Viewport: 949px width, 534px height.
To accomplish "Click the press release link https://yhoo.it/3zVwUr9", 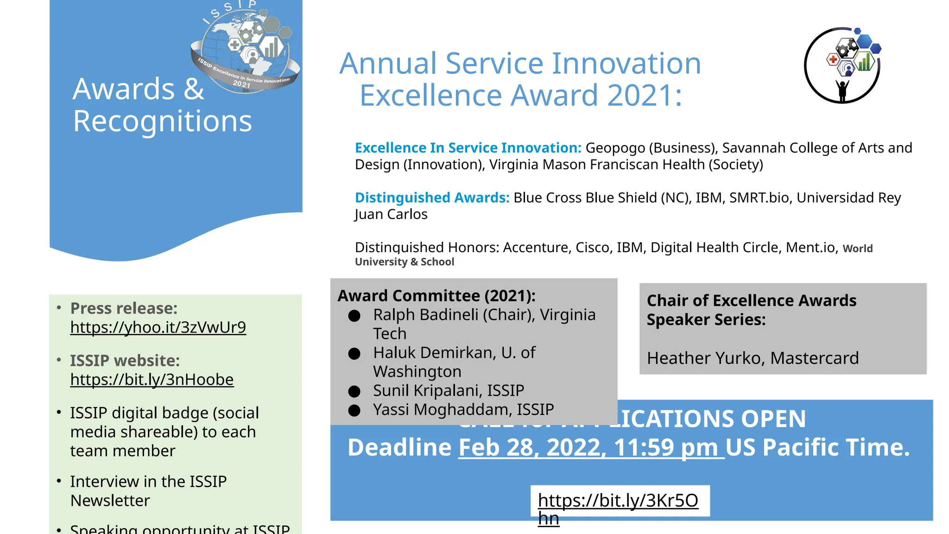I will click(158, 327).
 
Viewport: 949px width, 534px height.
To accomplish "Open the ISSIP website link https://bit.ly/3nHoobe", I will click(152, 380).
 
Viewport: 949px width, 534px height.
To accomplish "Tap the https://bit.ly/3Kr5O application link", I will click(618, 501).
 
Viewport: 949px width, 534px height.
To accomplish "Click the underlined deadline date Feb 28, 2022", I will click(531, 448).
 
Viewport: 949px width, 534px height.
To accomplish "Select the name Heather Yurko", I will click(705, 358).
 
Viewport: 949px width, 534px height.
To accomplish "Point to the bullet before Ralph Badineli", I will click(354, 316).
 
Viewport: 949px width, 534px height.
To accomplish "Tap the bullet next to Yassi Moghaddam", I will click(354, 411).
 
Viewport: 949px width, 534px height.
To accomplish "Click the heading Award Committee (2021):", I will click(437, 296).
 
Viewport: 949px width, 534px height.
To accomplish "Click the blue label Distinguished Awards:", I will click(432, 198).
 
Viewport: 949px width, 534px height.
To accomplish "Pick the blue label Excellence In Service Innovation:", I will click(468, 148).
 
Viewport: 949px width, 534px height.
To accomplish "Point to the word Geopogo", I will click(615, 148).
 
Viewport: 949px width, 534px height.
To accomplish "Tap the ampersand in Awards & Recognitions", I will click(194, 89).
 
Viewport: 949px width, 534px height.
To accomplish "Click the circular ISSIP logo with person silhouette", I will click(842, 65).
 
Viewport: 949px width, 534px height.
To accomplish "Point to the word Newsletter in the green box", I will click(110, 501).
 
